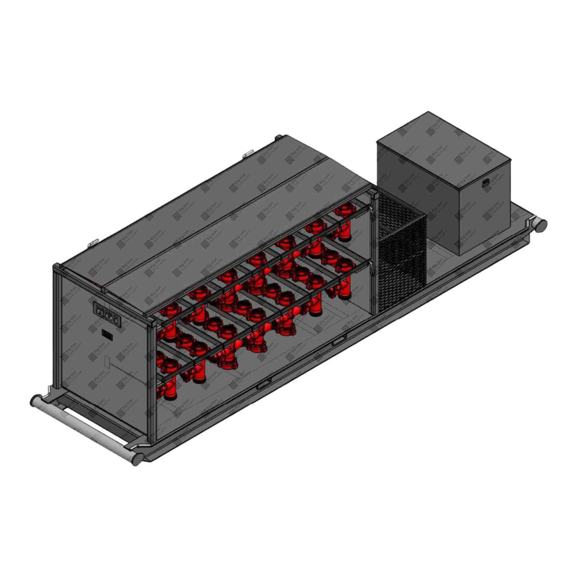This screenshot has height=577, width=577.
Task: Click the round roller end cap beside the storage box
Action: pyautogui.click(x=539, y=224)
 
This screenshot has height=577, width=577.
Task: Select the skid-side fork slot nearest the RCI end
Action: pyautogui.click(x=264, y=385)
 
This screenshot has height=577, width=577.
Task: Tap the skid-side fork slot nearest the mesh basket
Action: pyautogui.click(x=338, y=342)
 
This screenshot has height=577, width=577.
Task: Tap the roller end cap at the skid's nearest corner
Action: pyautogui.click(x=136, y=459)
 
